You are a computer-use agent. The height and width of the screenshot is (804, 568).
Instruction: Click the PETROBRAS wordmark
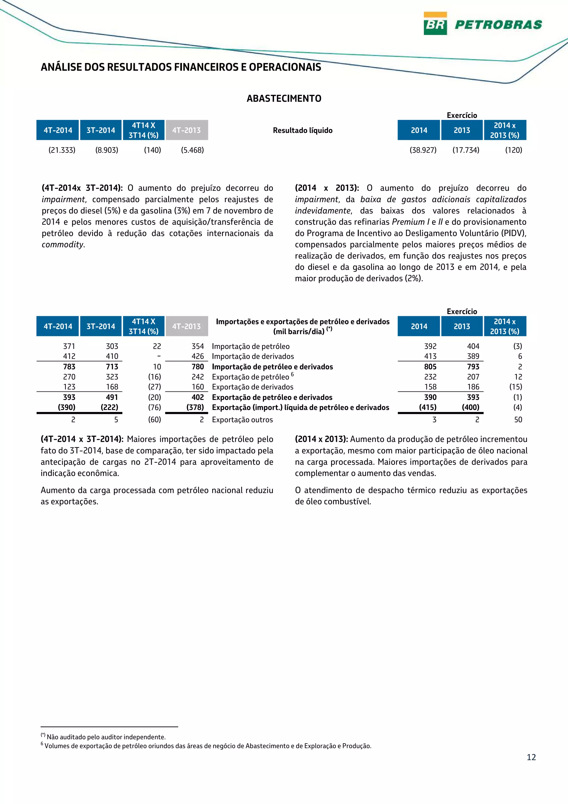pos(498,24)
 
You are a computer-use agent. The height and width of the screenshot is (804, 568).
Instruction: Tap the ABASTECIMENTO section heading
pos(284,98)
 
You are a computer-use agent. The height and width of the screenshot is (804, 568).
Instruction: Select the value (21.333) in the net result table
pos(62,150)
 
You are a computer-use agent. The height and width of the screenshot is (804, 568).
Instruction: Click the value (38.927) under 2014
pos(423,150)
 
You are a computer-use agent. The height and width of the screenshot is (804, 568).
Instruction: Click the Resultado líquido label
pos(302,130)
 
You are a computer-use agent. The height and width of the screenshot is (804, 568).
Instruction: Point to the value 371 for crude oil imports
pos(69,346)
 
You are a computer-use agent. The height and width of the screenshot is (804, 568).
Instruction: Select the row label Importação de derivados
pos(253,357)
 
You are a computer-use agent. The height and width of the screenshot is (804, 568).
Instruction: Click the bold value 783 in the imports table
pos(69,367)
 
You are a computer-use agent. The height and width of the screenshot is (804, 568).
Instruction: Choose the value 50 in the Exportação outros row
pos(518,419)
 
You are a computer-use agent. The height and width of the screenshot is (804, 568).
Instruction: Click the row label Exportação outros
pos(242,419)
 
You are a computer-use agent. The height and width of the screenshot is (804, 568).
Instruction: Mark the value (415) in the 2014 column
pos(428,407)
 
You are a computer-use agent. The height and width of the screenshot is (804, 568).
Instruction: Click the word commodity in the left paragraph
pos(63,244)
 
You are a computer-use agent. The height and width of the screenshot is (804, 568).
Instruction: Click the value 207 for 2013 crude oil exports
pos(473,377)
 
